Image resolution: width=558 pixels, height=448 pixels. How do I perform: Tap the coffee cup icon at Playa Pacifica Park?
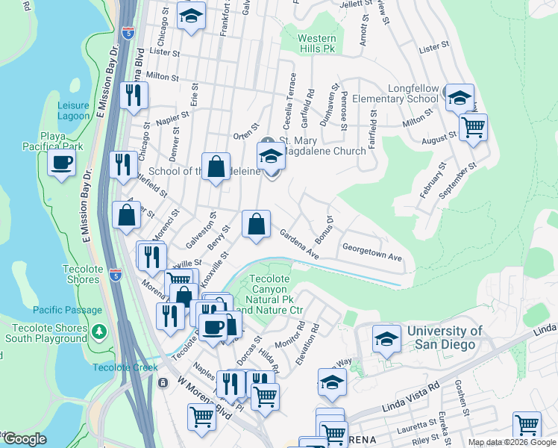(61, 162)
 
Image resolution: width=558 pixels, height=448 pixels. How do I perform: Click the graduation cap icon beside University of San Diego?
(386, 340)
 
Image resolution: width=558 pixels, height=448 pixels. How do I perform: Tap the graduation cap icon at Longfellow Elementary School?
(460, 97)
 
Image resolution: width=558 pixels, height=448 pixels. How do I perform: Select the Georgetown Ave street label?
(372, 252)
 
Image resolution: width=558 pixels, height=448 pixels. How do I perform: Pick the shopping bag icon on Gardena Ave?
(256, 224)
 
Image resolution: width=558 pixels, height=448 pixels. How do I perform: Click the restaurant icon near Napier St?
(134, 96)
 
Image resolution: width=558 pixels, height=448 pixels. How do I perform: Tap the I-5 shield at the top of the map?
(128, 33)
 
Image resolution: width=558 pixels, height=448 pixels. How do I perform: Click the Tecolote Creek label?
(125, 367)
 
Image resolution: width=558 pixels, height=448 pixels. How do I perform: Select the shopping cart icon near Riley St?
(527, 425)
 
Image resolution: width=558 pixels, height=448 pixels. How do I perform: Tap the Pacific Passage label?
(67, 310)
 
